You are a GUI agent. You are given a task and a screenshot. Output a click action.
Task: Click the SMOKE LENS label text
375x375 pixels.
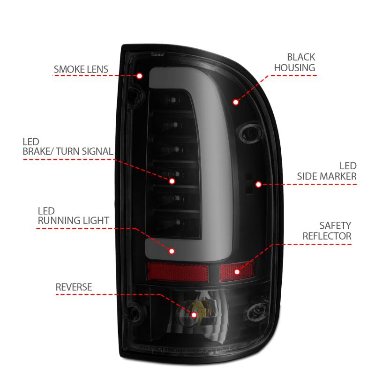pyautogui.click(x=81, y=70)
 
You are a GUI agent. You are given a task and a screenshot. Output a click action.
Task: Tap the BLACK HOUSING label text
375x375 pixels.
pyautogui.click(x=294, y=62)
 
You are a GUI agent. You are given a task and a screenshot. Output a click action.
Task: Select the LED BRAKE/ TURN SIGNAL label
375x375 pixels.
pyautogui.click(x=67, y=146)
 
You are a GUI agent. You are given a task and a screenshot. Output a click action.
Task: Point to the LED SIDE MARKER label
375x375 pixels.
pyautogui.click(x=327, y=171)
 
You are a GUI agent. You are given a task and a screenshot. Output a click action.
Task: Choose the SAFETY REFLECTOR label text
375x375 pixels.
pyautogui.click(x=327, y=231)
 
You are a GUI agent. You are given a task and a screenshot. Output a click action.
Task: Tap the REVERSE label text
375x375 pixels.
pyautogui.click(x=74, y=287)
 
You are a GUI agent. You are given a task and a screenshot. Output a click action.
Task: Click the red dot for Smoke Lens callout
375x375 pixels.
pyautogui.click(x=140, y=75)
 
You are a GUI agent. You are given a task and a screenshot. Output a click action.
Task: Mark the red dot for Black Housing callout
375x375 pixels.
pyautogui.click(x=235, y=101)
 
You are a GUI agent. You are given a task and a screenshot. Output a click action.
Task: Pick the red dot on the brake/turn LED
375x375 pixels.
pyautogui.click(x=172, y=180)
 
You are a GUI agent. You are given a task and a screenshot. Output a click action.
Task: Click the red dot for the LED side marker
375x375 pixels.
pyautogui.click(x=258, y=184)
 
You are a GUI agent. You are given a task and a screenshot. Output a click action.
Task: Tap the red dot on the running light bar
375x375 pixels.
pyautogui.click(x=172, y=251)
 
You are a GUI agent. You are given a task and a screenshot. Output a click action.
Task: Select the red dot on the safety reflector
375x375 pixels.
pyautogui.click(x=237, y=271)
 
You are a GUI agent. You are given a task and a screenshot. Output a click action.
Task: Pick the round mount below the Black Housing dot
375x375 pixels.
pyautogui.click(x=249, y=132)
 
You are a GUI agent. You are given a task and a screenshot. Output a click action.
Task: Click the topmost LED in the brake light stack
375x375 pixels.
pyautogui.click(x=174, y=101)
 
